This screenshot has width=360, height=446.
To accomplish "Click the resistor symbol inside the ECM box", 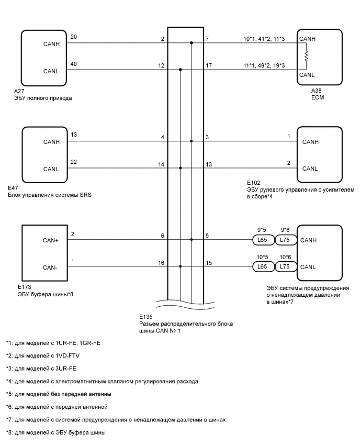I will (307, 55).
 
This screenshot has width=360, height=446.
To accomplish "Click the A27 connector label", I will (20, 91).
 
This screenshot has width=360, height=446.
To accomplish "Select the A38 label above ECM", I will (317, 91).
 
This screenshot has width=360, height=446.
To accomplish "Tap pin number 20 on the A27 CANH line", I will (73, 37).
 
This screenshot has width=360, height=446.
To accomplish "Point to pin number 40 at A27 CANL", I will (73, 64).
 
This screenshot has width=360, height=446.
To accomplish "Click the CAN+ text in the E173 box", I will (51, 241).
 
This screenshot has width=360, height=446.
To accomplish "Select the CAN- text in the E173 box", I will (51, 267).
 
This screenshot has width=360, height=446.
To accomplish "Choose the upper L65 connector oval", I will (261, 240).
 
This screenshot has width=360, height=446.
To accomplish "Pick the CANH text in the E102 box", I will (310, 142).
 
